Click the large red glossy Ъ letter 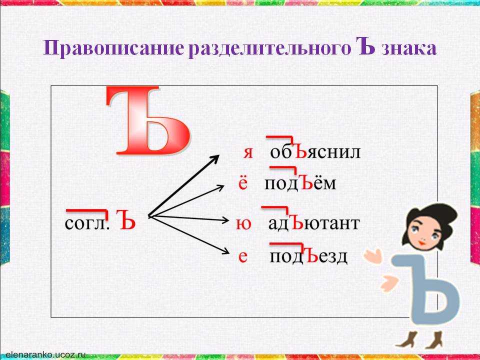148,122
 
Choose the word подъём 300,183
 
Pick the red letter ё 243,183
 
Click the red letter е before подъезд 243,257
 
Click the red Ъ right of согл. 125,220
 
